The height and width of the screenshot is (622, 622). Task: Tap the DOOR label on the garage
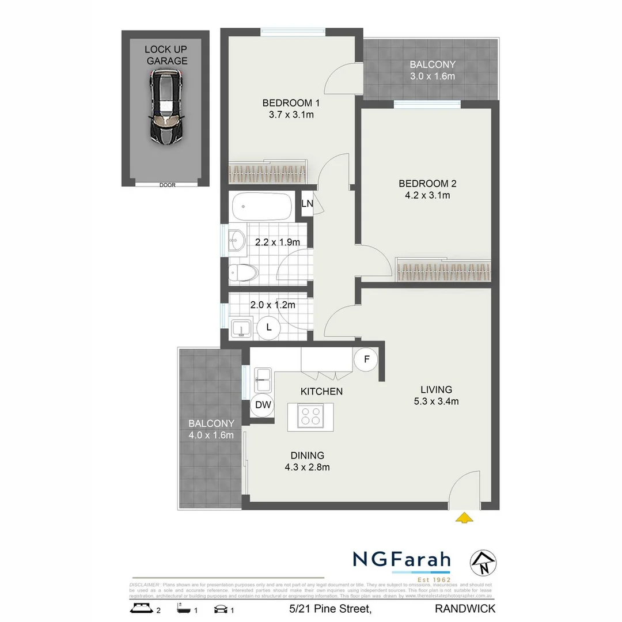pos(167,185)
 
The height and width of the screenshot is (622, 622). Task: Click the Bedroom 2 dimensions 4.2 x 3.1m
pos(427,195)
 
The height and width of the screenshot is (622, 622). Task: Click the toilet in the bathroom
pos(241,273)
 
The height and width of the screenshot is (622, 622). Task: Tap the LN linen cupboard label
pos(307,203)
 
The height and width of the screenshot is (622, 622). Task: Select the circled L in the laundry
pos(269,328)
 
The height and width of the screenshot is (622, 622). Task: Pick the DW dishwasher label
pos(263,405)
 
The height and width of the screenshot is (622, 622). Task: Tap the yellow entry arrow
pos(465,518)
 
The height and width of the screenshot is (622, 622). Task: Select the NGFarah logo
pos(401,560)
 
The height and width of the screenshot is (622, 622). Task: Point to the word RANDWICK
pos(465,608)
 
